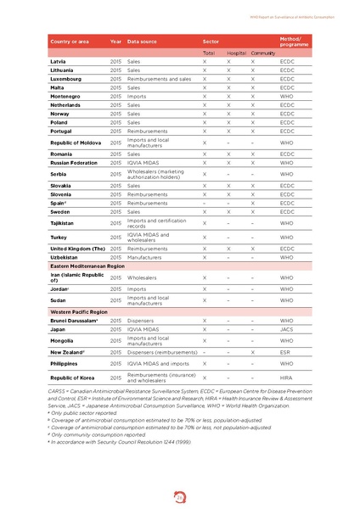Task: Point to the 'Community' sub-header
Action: pyautogui.click(x=262, y=53)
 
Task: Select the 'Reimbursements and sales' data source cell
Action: pyautogui.click(x=159, y=79)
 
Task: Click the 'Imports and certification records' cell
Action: pyautogui.click(x=158, y=223)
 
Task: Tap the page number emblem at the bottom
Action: pyautogui.click(x=180, y=489)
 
